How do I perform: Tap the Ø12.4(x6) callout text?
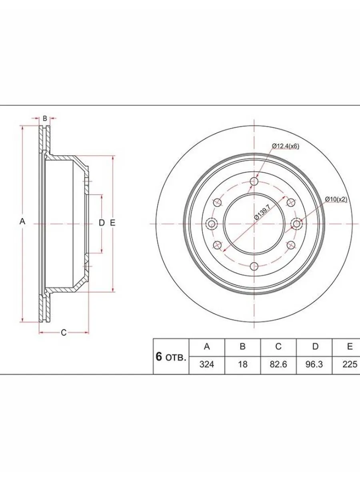[x=286, y=146]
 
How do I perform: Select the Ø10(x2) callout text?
[x=336, y=199]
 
